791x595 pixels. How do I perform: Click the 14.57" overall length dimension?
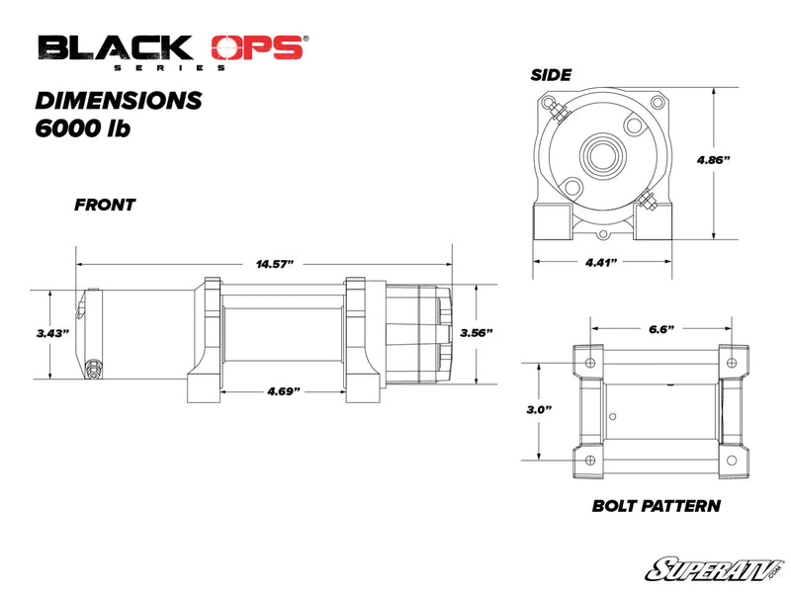point(276,264)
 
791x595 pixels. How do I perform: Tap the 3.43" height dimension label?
point(51,334)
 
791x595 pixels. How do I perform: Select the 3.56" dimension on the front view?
point(476,333)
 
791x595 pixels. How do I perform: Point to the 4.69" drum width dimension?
point(284,391)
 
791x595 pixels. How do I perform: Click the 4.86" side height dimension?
point(714,159)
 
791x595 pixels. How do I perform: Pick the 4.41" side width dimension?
point(601,262)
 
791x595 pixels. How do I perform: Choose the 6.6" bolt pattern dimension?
point(661,327)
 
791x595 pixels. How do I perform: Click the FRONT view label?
point(105,206)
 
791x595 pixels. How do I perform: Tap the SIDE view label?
point(551,74)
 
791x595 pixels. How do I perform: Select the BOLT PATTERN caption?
point(656,506)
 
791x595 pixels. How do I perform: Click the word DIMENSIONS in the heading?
point(119,100)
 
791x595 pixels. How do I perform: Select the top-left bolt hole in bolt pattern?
point(590,362)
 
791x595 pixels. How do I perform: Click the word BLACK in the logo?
point(115,46)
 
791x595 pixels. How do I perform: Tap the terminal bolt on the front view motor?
point(94,369)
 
